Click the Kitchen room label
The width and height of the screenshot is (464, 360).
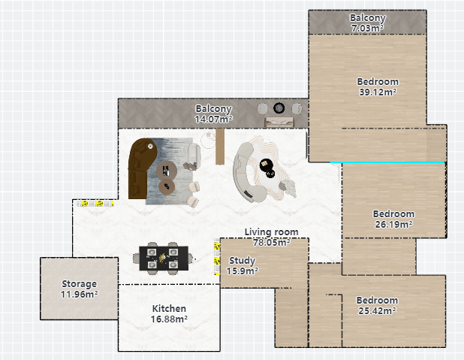[169, 308]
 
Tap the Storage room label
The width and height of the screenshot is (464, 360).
[79, 284]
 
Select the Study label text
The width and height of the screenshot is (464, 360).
[242, 261]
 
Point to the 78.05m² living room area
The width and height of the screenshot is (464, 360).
[271, 242]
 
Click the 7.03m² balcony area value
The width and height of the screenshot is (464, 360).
[368, 28]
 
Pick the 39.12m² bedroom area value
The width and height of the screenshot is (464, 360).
[378, 92]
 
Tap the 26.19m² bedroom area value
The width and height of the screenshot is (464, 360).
[393, 224]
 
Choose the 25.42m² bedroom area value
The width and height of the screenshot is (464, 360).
[377, 311]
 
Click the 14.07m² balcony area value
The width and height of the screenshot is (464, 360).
[213, 119]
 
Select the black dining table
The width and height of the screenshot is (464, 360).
[164, 259]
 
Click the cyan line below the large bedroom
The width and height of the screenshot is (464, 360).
[387, 162]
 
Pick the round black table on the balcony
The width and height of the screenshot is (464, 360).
[279, 108]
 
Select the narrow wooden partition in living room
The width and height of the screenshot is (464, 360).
[220, 147]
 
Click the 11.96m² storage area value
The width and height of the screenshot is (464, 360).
[80, 294]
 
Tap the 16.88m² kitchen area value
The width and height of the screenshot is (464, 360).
[169, 319]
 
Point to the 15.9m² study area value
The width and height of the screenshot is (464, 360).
[242, 271]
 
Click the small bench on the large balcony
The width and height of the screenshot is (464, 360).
[279, 122]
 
